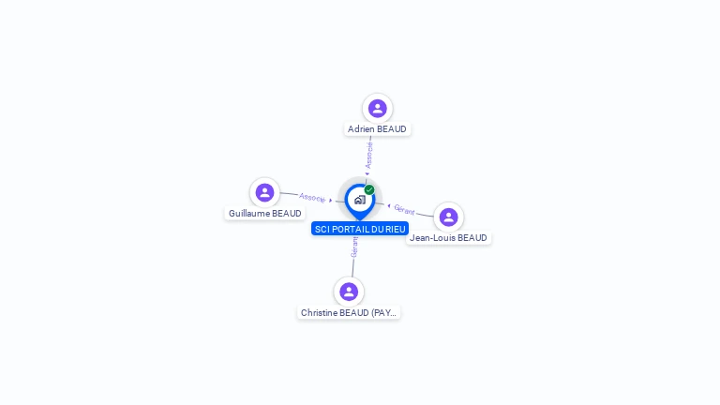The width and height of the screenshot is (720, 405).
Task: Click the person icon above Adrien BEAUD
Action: pyautogui.click(x=377, y=109)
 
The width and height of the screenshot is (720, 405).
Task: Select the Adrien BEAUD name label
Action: pyautogui.click(x=377, y=129)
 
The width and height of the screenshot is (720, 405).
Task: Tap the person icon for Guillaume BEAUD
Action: pyautogui.click(x=264, y=192)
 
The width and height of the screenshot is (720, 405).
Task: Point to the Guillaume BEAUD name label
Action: pyautogui.click(x=265, y=214)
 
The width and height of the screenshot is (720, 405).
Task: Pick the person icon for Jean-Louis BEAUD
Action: pyautogui.click(x=448, y=217)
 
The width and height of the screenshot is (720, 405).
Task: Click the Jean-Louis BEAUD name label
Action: pyautogui.click(x=448, y=238)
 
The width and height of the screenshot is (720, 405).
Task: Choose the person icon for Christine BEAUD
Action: pyautogui.click(x=349, y=292)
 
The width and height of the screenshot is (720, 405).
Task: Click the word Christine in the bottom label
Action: pyautogui.click(x=321, y=312)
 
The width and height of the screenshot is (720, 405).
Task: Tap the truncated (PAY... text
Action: pyautogui.click(x=384, y=312)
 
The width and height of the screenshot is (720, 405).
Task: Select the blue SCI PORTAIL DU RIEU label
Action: pyautogui.click(x=360, y=229)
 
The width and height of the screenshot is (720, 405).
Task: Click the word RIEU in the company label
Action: pyautogui.click(x=396, y=229)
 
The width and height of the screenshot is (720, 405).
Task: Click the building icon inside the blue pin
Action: pyautogui.click(x=359, y=199)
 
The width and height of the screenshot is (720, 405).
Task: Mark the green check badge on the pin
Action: pyautogui.click(x=369, y=189)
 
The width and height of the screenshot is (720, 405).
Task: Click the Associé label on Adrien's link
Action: pyautogui.click(x=369, y=154)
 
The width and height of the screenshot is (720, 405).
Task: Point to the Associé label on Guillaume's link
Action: pyautogui.click(x=312, y=198)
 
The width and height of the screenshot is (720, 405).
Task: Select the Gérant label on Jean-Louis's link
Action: pyautogui.click(x=404, y=210)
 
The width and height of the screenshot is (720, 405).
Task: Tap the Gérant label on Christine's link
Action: pyautogui.click(x=354, y=247)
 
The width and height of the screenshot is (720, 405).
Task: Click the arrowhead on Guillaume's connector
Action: pyautogui.click(x=331, y=200)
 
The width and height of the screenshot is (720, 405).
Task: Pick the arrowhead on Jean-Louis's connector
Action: pyautogui.click(x=388, y=205)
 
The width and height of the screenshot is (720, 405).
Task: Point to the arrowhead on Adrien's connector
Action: pyautogui.click(x=367, y=172)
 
